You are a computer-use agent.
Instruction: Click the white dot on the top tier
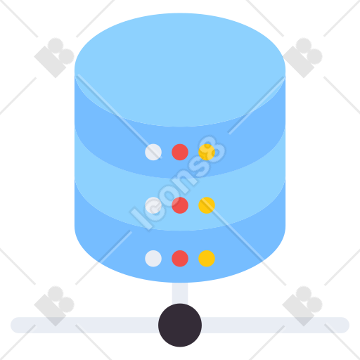coord(153,152)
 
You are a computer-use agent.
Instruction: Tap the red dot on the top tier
coord(180,152)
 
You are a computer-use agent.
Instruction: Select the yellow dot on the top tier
coord(207,152)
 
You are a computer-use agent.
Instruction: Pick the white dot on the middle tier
coord(153,205)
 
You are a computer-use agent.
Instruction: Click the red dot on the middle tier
coord(180,205)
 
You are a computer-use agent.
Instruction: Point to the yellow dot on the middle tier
coord(207,205)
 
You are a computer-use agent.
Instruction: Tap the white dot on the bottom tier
coord(153,259)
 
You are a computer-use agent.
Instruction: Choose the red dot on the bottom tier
coord(180,259)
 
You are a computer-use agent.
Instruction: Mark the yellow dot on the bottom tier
coord(207,259)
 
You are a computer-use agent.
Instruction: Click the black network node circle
coord(180,325)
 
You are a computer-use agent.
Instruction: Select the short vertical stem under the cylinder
coord(180,293)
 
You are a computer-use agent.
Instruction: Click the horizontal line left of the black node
coord(85,325)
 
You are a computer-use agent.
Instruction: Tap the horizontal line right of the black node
coord(275,325)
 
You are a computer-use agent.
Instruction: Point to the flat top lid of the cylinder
coord(180,70)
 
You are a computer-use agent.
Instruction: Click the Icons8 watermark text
coord(177,183)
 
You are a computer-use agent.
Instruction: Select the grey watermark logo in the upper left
coord(54,58)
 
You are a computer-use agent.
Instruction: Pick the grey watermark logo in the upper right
coord(302,58)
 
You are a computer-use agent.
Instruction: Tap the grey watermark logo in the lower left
coord(54,306)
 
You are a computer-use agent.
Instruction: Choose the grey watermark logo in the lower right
coord(302,306)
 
